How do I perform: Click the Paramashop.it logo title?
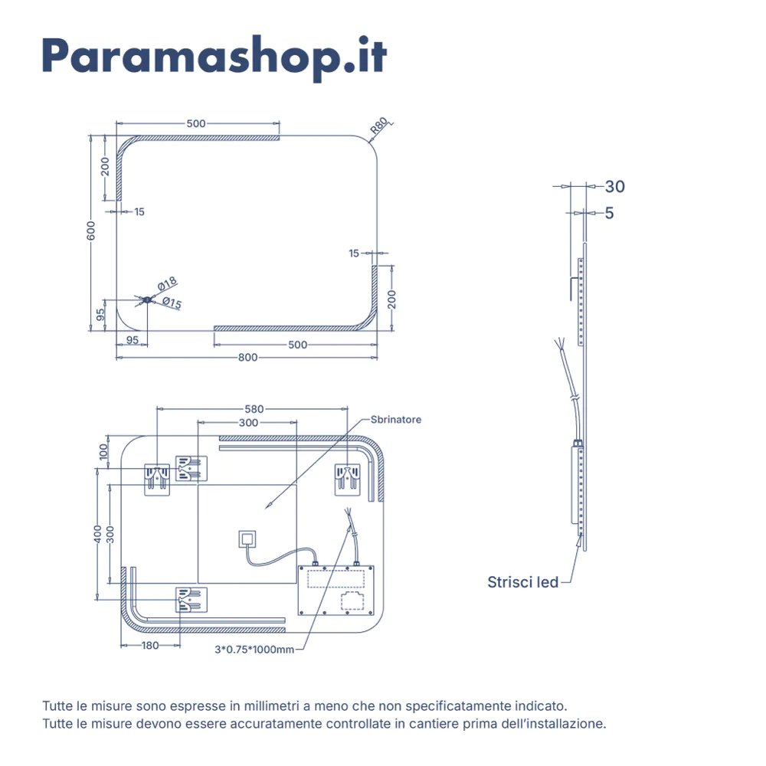(214, 55)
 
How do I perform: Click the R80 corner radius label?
(380, 126)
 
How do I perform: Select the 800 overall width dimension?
(247, 357)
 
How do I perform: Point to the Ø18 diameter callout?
(167, 286)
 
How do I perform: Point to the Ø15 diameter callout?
(172, 304)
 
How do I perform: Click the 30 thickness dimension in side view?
(614, 186)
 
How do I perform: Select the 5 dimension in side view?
(609, 213)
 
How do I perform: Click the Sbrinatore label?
(395, 420)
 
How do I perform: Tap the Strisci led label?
(523, 582)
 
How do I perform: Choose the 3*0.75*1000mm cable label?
(254, 650)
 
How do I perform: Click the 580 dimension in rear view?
(255, 409)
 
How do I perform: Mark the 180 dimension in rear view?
(150, 646)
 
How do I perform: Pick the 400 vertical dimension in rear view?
(97, 535)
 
